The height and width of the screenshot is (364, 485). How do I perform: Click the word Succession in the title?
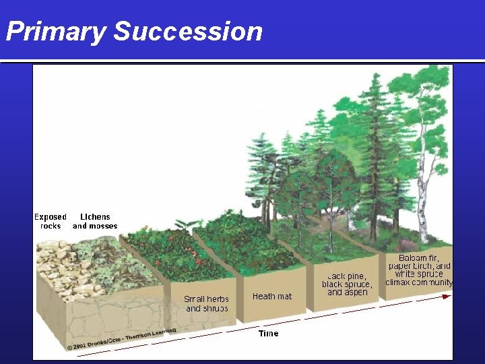(x=188, y=32)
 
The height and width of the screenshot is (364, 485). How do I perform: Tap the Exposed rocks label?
(x=51, y=221)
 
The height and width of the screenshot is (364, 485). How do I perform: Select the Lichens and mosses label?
(x=95, y=221)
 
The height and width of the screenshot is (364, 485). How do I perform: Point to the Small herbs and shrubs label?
(x=206, y=303)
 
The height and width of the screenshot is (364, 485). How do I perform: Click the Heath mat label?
(x=272, y=296)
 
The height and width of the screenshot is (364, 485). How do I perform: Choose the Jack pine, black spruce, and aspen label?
(x=347, y=284)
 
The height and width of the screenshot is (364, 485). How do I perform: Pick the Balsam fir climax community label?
(x=419, y=270)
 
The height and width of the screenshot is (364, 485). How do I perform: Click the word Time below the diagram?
(x=268, y=333)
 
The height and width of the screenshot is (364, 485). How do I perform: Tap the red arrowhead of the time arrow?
(x=447, y=297)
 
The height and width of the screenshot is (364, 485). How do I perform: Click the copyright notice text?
(x=121, y=339)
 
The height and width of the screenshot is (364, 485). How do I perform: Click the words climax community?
(x=419, y=282)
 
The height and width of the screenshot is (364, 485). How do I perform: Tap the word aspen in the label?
(x=357, y=293)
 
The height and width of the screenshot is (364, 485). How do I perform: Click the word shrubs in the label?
(x=216, y=308)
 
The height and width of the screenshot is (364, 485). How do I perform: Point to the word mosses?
(x=104, y=226)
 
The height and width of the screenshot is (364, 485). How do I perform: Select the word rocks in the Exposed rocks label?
(x=51, y=226)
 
